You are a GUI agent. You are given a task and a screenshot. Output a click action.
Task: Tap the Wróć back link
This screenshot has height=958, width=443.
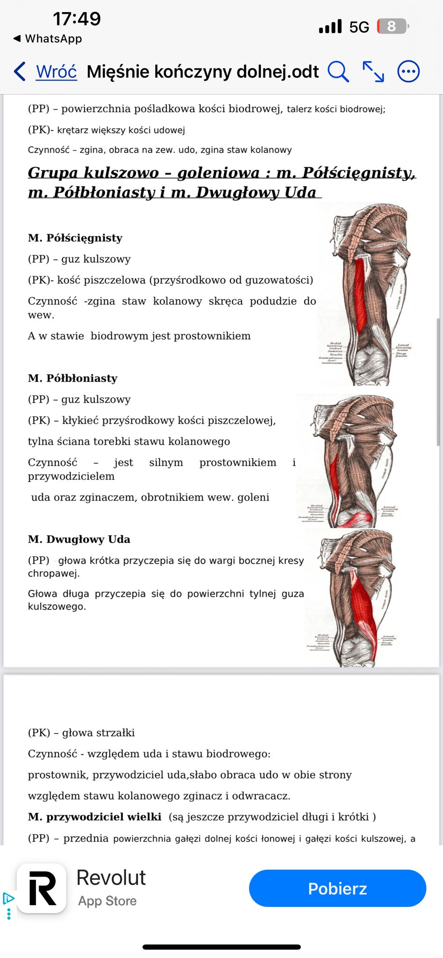pos(56,72)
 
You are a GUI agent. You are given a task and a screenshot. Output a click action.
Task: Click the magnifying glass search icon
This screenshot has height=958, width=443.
pos(338,72)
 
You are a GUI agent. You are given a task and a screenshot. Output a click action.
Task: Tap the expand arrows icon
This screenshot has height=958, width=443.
pos(373,72)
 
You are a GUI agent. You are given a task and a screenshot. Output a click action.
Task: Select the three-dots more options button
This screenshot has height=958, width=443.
pos(408,72)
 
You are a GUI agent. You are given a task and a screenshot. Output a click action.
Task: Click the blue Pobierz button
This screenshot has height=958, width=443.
pos(337,888)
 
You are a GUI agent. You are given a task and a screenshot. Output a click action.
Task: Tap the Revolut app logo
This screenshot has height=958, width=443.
pos(42,888)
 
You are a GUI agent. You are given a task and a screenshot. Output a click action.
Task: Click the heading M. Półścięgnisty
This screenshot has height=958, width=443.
pos(75,238)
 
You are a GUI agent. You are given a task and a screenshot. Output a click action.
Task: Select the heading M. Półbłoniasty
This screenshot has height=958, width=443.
pos(73,378)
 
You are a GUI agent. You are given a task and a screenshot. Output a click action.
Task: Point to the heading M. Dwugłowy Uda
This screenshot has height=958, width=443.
pos(79,539)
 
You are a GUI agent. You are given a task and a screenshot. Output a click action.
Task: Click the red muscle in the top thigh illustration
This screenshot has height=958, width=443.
pos(361,295)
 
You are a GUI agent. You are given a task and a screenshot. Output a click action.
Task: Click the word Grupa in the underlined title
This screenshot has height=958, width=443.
pos(53,173)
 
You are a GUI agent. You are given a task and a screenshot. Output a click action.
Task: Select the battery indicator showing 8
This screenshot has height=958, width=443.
pos(392,26)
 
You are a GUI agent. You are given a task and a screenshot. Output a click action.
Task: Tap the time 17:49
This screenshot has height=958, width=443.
pos(77,19)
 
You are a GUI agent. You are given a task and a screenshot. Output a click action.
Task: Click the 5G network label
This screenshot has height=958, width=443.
pos(359,27)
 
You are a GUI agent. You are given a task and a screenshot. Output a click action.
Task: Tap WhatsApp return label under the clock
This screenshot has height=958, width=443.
pos(53,39)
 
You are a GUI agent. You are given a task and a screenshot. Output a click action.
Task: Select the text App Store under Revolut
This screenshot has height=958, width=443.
pos(107,901)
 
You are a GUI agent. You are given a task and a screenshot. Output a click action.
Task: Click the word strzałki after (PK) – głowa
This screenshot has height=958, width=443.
pos(117,733)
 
